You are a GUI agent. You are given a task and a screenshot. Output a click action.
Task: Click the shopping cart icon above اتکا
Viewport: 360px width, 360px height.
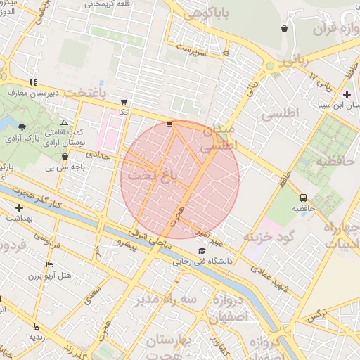point(124,101)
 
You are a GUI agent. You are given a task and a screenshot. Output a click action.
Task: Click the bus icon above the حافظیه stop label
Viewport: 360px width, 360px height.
point(303,198)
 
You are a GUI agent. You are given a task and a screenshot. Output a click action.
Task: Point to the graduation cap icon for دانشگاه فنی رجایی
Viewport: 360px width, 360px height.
point(202,251)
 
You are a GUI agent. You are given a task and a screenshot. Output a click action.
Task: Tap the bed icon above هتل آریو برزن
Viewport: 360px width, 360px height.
point(49,264)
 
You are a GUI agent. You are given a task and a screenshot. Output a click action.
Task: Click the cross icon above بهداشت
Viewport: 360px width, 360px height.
point(19,207)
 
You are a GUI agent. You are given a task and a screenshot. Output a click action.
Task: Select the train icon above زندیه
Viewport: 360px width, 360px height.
point(37,326)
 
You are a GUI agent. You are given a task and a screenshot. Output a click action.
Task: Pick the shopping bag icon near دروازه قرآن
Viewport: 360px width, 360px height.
point(284,29)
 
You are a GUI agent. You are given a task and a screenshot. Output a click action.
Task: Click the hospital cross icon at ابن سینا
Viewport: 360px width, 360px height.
point(346,94)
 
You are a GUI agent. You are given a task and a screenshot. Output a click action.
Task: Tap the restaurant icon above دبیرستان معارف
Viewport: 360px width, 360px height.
point(34,82)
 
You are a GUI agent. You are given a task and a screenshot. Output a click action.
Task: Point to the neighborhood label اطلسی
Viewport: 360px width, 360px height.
point(280,112)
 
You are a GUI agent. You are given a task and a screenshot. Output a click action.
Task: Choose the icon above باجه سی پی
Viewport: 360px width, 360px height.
point(65,157)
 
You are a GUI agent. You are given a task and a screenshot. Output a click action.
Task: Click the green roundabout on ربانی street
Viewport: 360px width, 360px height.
point(270,67)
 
